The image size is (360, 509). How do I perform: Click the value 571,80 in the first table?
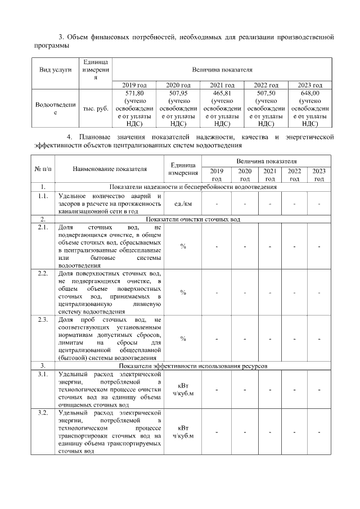tap(134, 93)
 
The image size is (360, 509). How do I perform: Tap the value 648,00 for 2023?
tap(310, 93)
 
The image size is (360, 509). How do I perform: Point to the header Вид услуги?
tap(55, 70)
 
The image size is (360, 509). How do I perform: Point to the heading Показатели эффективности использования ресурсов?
tap(193, 366)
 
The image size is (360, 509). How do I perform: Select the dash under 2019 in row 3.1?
tap(216, 389)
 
